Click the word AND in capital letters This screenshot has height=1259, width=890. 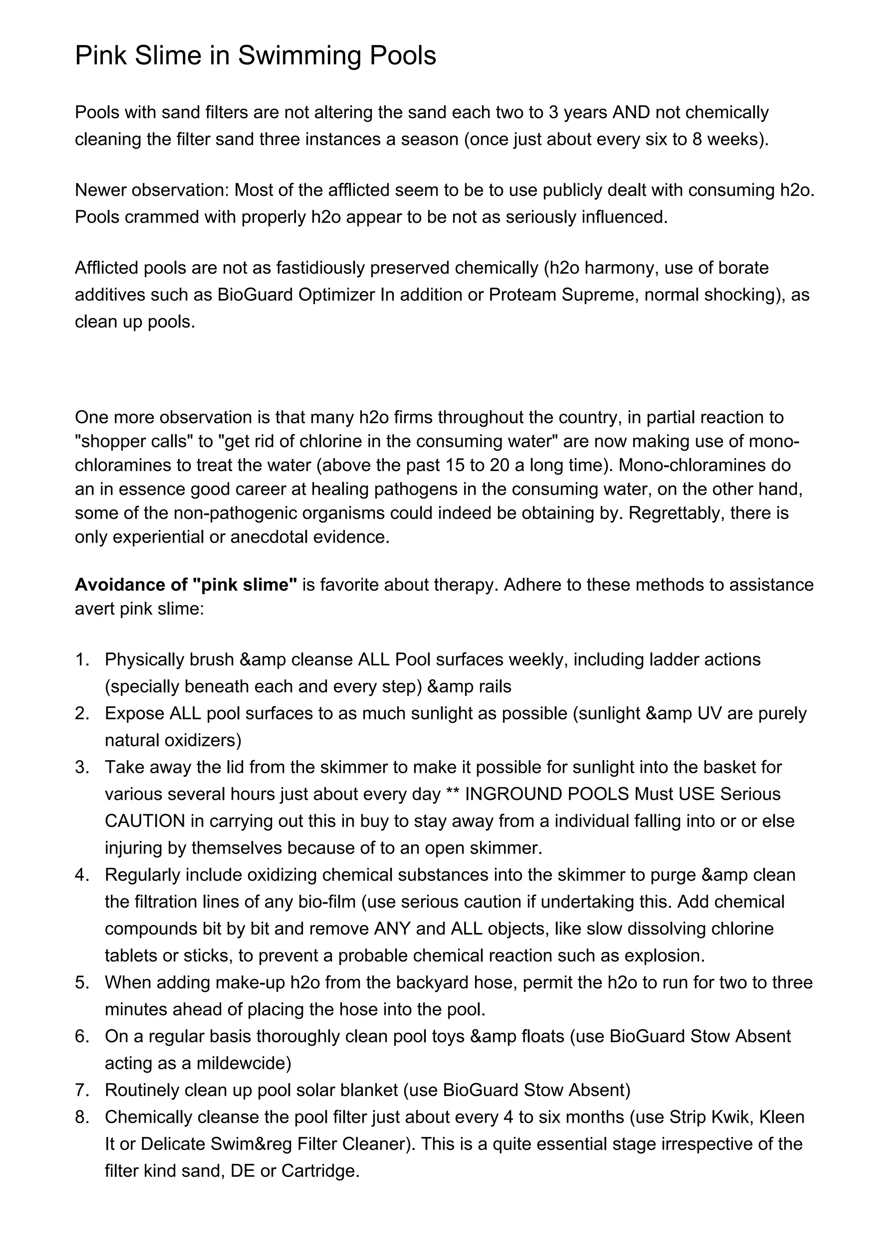(631, 113)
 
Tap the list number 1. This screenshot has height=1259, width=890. (82, 659)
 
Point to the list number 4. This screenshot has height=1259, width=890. (82, 875)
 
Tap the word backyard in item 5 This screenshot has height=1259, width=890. (438, 983)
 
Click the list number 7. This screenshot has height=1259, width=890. (82, 1090)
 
